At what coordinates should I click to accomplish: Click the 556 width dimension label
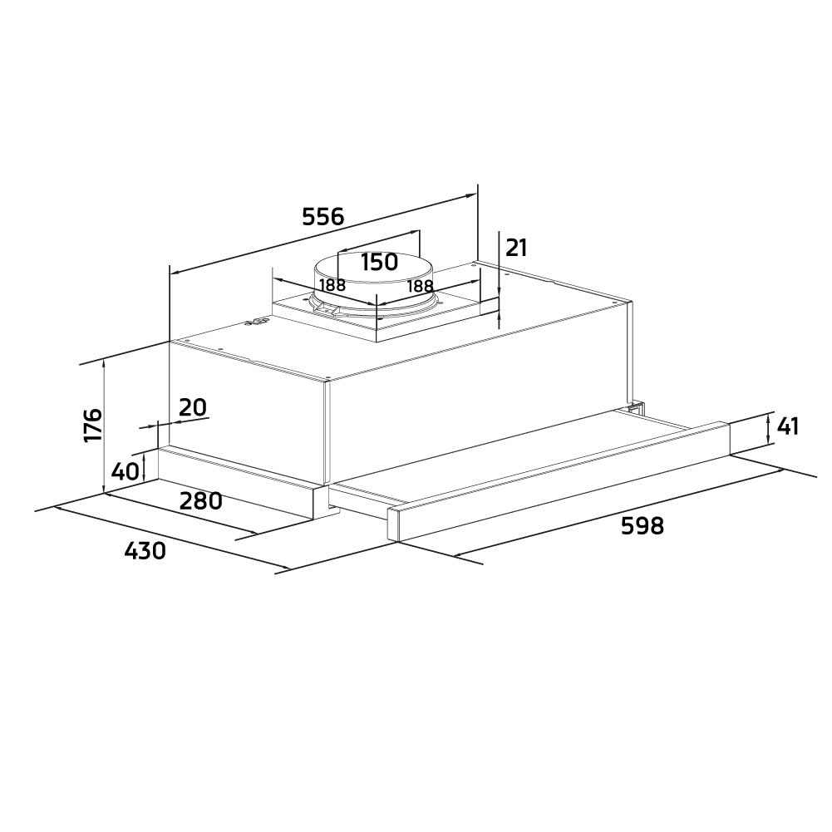tap(322, 217)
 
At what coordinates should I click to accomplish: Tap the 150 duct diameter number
tap(379, 262)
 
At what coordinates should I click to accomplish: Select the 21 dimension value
tap(516, 248)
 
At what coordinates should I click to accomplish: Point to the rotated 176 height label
tap(92, 425)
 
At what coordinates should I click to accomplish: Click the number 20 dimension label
tap(192, 407)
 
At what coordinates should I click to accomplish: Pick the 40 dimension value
tap(125, 471)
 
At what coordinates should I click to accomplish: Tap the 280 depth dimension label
tap(201, 501)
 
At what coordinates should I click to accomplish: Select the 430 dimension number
tap(145, 550)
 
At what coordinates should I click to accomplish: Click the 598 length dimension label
tap(642, 525)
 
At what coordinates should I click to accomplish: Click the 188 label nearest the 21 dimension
tap(421, 286)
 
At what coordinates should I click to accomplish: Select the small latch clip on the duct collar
tap(327, 310)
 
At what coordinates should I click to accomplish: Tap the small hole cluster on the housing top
tap(258, 323)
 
